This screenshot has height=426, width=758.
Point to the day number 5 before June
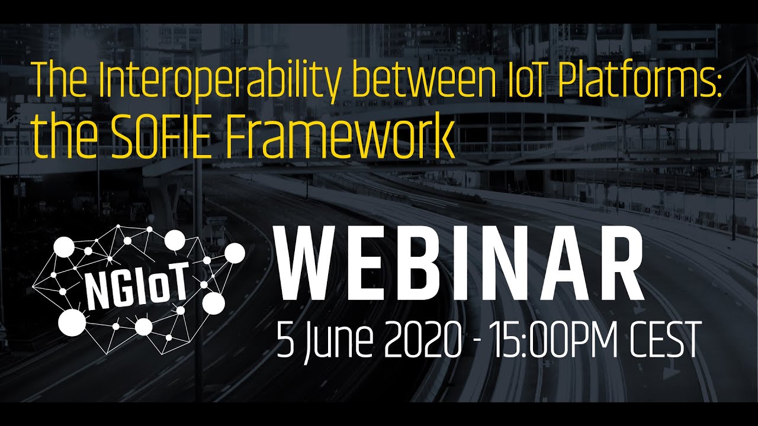(x=285, y=340)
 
